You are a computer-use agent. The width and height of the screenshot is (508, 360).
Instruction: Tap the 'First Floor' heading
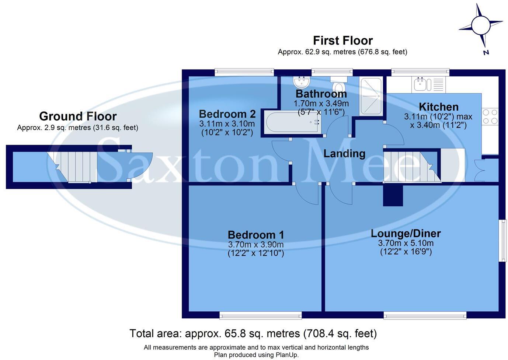pyautogui.click(x=342, y=41)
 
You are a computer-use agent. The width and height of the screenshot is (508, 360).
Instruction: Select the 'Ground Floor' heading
pyautogui.click(x=78, y=116)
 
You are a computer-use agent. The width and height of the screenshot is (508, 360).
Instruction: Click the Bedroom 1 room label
pyautogui.click(x=256, y=235)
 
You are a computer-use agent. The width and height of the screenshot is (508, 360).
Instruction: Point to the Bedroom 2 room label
pyautogui.click(x=227, y=114)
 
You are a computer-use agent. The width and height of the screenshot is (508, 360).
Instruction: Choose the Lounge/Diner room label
pyautogui.click(x=406, y=233)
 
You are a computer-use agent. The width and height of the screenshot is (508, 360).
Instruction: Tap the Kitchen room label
pyautogui.click(x=439, y=107)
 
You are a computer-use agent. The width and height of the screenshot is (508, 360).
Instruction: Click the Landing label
pyautogui.click(x=344, y=154)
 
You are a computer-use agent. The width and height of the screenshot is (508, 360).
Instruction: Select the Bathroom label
pyautogui.click(x=321, y=94)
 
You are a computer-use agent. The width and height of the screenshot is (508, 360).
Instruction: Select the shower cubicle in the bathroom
pyautogui.click(x=371, y=96)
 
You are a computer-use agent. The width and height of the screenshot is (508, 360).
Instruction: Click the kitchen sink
pyautogui.click(x=422, y=84)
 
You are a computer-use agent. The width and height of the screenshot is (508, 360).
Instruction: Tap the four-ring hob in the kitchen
pyautogui.click(x=490, y=116)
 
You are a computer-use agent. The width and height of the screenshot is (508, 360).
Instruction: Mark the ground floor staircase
pyautogui.click(x=74, y=167)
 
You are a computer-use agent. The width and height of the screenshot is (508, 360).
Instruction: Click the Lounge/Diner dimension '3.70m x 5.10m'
pyautogui.click(x=406, y=243)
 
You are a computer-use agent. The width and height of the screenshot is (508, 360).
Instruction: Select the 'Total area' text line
pyautogui.click(x=253, y=333)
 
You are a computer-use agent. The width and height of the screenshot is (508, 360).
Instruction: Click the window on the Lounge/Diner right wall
pyautogui.click(x=502, y=241)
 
